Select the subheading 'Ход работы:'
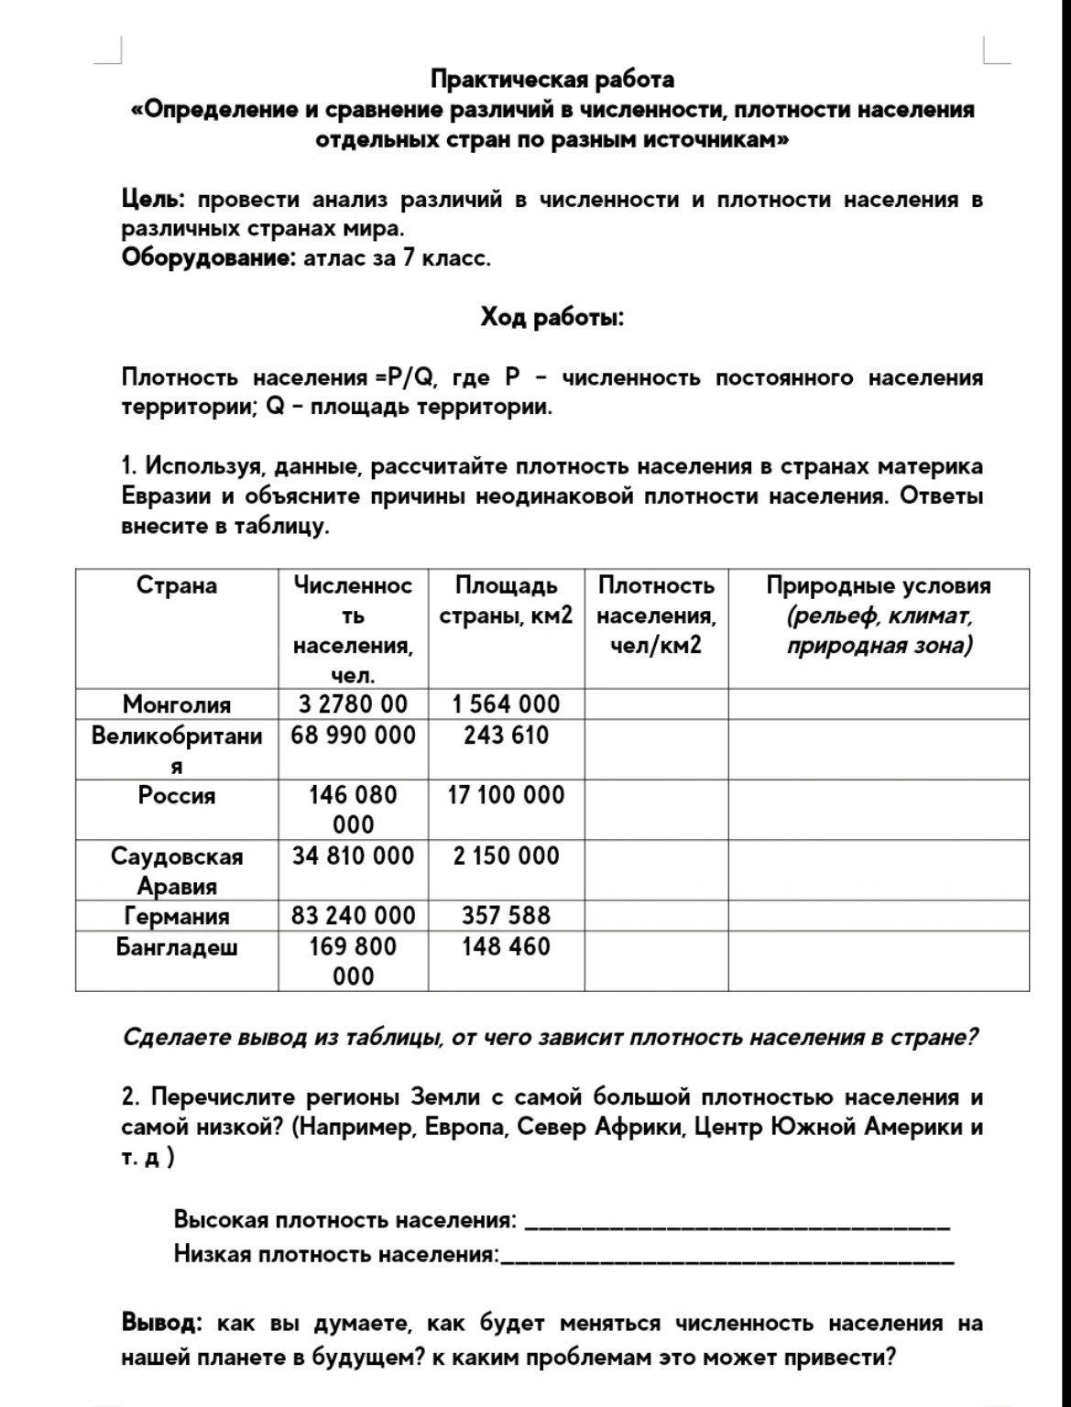pyautogui.click(x=552, y=318)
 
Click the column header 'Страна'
pyautogui.click(x=177, y=586)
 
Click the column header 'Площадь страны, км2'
pyautogui.click(x=506, y=601)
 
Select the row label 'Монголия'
pyautogui.click(x=177, y=703)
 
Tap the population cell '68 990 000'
pyautogui.click(x=353, y=736)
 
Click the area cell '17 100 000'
pyautogui.click(x=506, y=795)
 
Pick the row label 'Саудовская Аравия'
pyautogui.click(x=177, y=870)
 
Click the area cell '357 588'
pyautogui.click(x=506, y=915)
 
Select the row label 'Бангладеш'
pyautogui.click(x=177, y=946)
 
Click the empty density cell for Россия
pyautogui.click(x=656, y=810)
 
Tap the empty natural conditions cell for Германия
pyautogui.click(x=878, y=916)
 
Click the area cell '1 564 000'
pyautogui.click(x=506, y=703)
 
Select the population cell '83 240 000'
pyautogui.click(x=353, y=915)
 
